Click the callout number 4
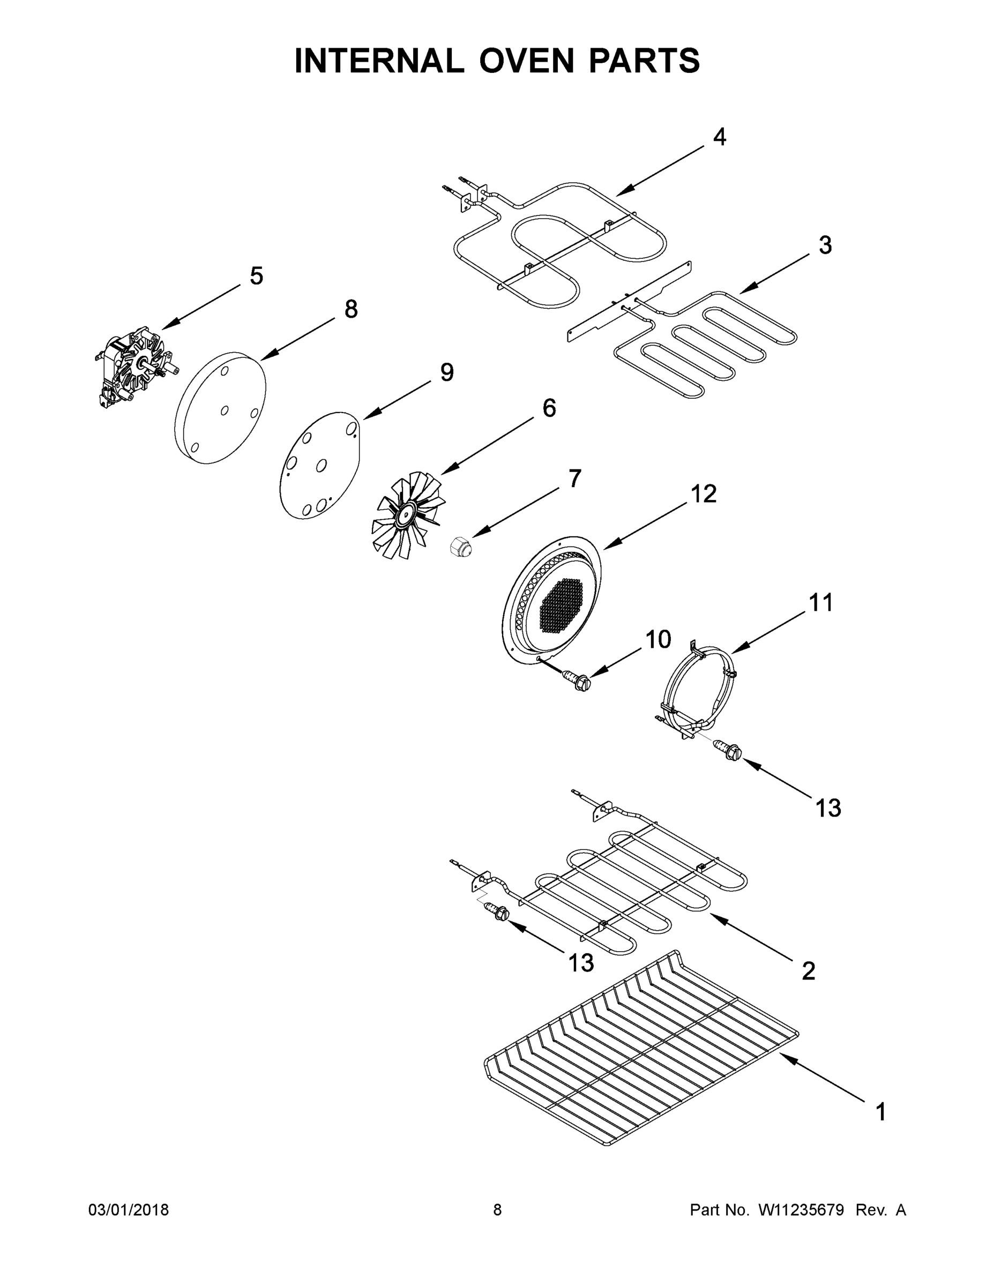720,137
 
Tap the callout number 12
703,494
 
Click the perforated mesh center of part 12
560,609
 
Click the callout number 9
447,372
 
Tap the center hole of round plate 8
225,410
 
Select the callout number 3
825,245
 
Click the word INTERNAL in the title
379,61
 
